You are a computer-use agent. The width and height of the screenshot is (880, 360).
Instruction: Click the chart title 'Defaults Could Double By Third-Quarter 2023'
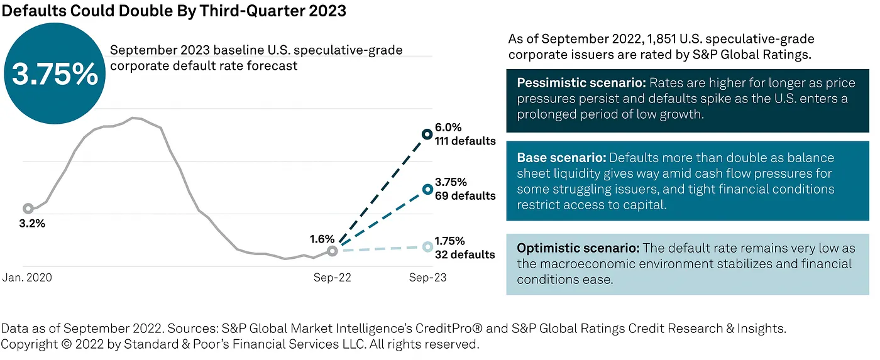click(174, 11)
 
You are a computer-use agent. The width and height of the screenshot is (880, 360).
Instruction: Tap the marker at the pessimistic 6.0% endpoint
click(427, 134)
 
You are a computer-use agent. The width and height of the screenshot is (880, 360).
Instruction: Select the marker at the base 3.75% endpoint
click(427, 188)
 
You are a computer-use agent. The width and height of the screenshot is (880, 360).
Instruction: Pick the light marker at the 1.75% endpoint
click(427, 247)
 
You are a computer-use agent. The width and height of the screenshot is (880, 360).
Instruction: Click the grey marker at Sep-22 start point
click(333, 251)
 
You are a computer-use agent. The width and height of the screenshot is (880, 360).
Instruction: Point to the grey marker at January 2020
click(28, 209)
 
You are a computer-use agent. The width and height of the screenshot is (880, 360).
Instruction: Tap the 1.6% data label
click(321, 239)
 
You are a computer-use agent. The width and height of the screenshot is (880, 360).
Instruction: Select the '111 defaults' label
click(465, 141)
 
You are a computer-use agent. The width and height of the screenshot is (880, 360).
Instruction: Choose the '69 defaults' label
click(465, 196)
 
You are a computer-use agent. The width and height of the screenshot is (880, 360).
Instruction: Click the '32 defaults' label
click(465, 254)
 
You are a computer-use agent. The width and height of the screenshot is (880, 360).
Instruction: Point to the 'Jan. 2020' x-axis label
click(28, 277)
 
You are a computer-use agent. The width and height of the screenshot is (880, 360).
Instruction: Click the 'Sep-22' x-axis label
click(333, 277)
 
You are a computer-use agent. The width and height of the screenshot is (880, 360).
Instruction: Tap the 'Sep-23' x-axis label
click(427, 277)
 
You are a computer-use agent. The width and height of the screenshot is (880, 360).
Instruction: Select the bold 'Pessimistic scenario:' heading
click(581, 84)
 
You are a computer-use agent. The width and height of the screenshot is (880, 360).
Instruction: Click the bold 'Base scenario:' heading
click(562, 158)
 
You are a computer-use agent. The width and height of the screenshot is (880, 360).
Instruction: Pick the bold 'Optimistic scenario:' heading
click(578, 248)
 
